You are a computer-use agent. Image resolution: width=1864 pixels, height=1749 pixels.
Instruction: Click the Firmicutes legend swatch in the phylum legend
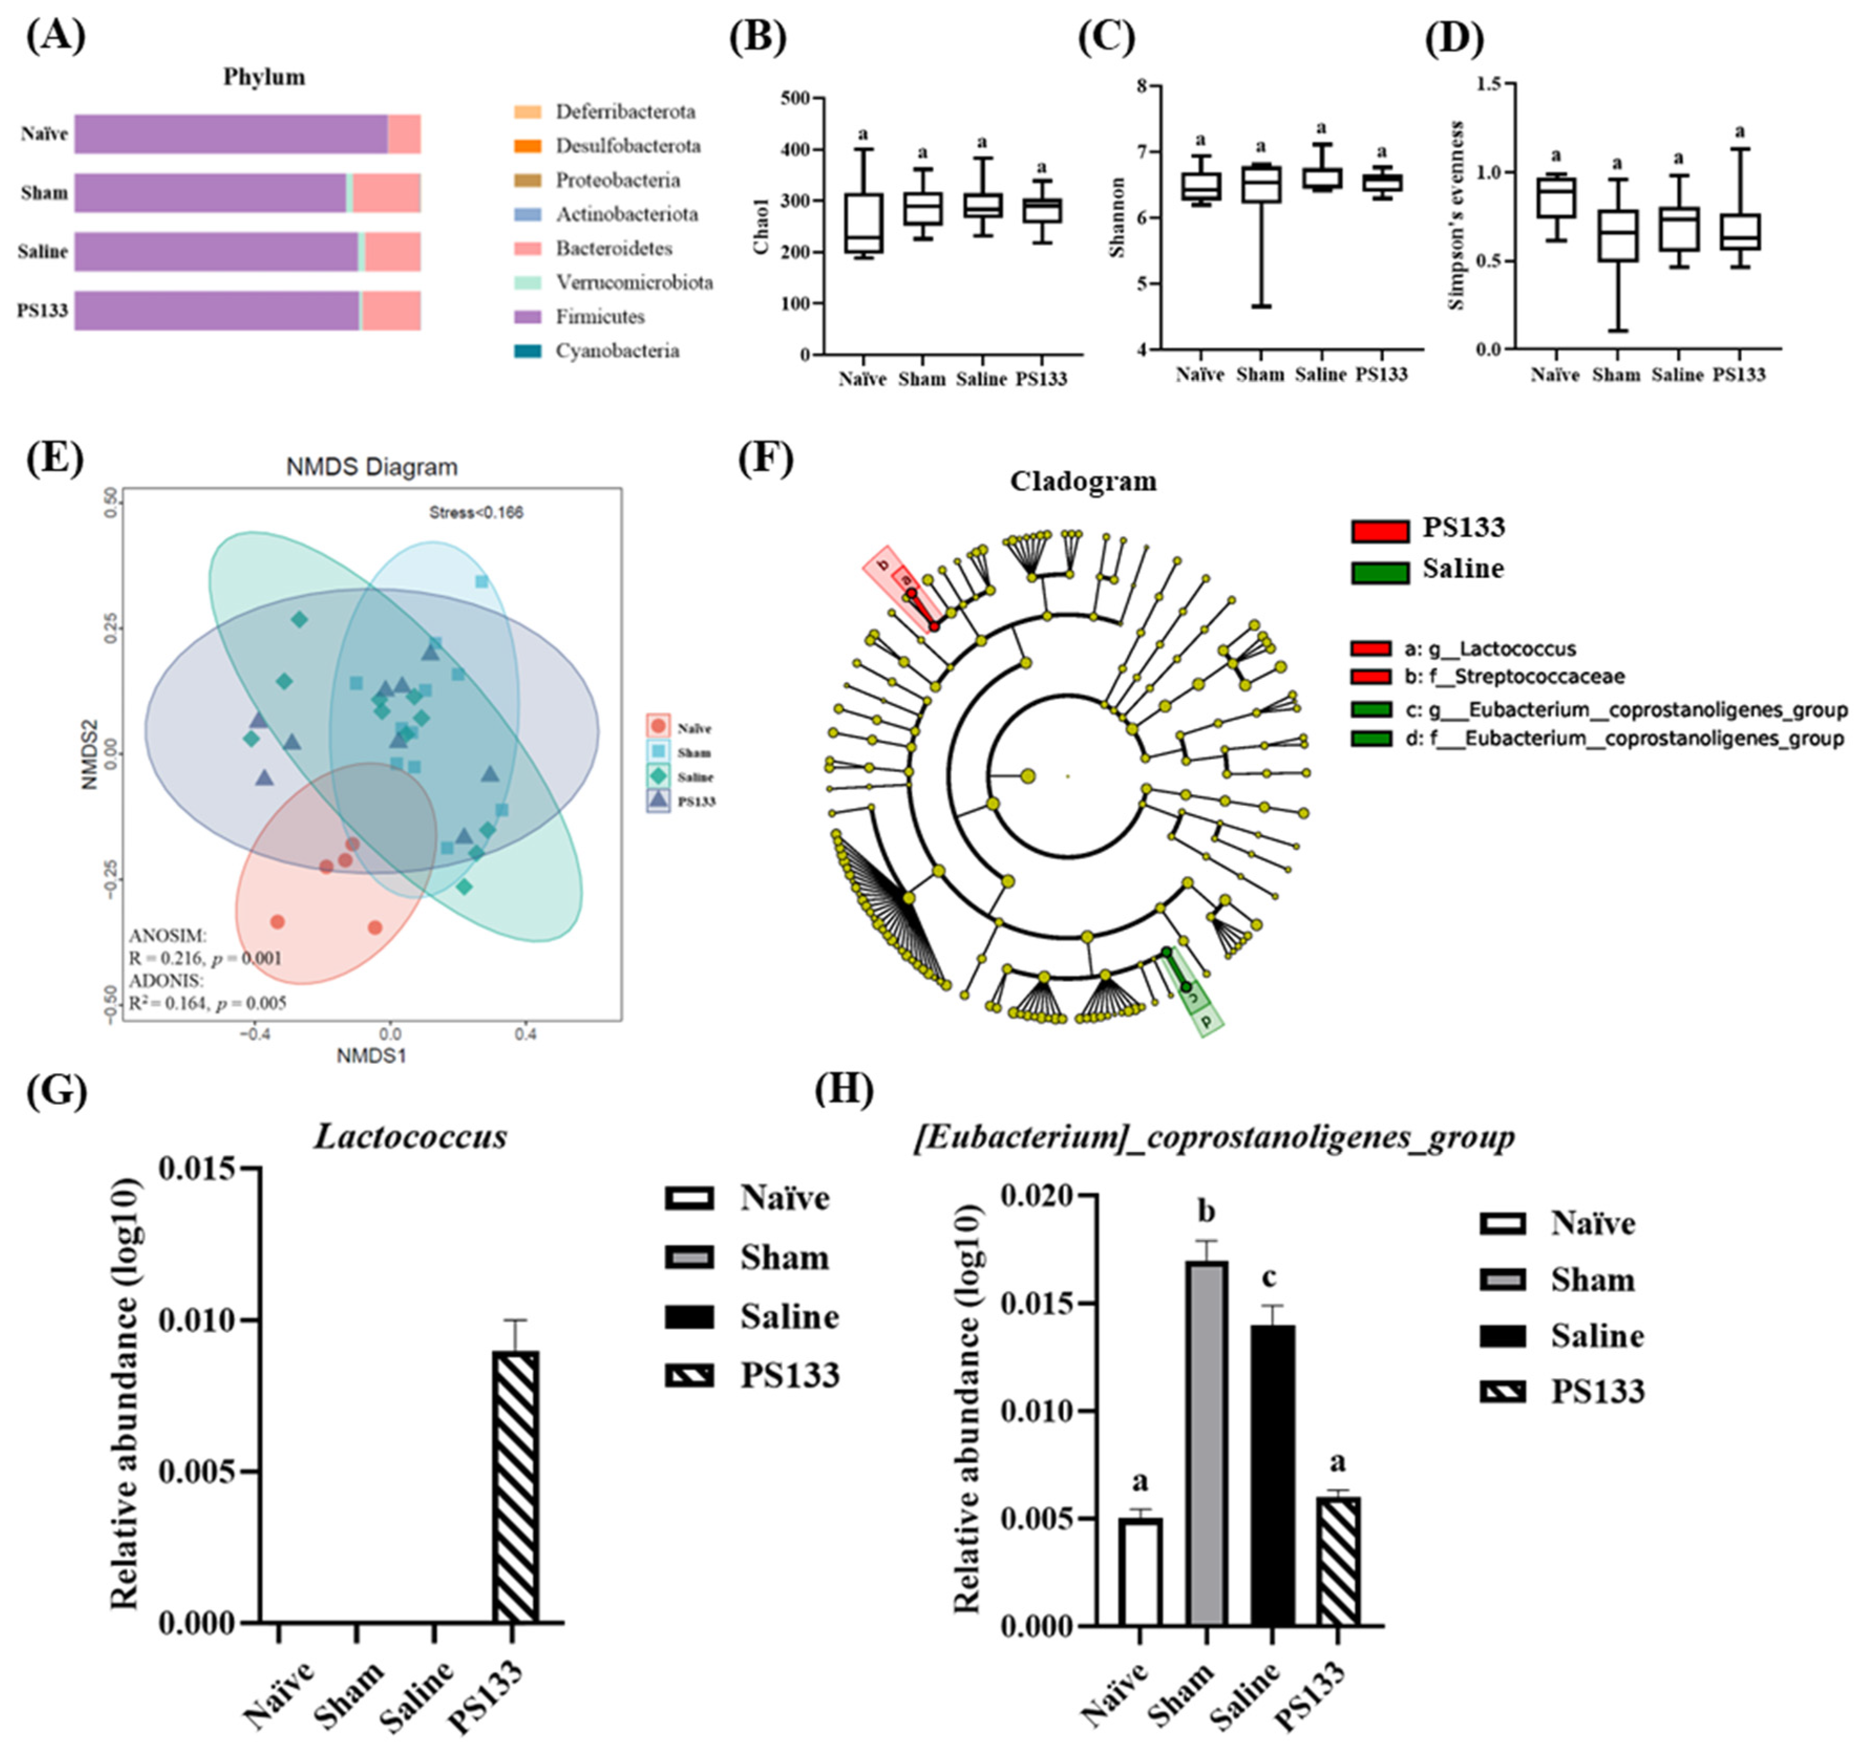pyautogui.click(x=527, y=317)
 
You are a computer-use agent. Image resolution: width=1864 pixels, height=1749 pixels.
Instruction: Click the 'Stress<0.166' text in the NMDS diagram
pyautogui.click(x=476, y=513)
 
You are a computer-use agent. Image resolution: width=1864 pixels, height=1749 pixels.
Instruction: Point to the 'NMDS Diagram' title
pyautogui.click(x=372, y=467)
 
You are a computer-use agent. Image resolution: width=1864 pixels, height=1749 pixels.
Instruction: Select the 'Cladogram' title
pyautogui.click(x=1083, y=482)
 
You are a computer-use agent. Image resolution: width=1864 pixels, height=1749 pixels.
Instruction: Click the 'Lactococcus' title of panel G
pyautogui.click(x=411, y=1137)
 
